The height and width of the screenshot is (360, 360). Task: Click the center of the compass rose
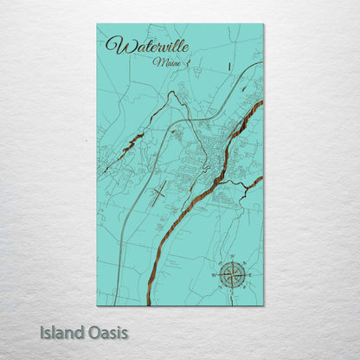click(x=231, y=275)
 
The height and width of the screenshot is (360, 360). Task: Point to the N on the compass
click(x=231, y=259)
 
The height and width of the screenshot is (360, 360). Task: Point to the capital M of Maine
click(x=156, y=62)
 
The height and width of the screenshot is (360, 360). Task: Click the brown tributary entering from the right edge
click(x=253, y=183)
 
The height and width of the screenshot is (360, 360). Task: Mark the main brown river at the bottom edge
click(x=149, y=299)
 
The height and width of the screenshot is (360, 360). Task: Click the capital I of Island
click(x=42, y=331)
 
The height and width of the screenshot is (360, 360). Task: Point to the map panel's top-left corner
click(x=97, y=24)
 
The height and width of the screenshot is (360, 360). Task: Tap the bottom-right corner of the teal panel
click(x=263, y=305)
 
